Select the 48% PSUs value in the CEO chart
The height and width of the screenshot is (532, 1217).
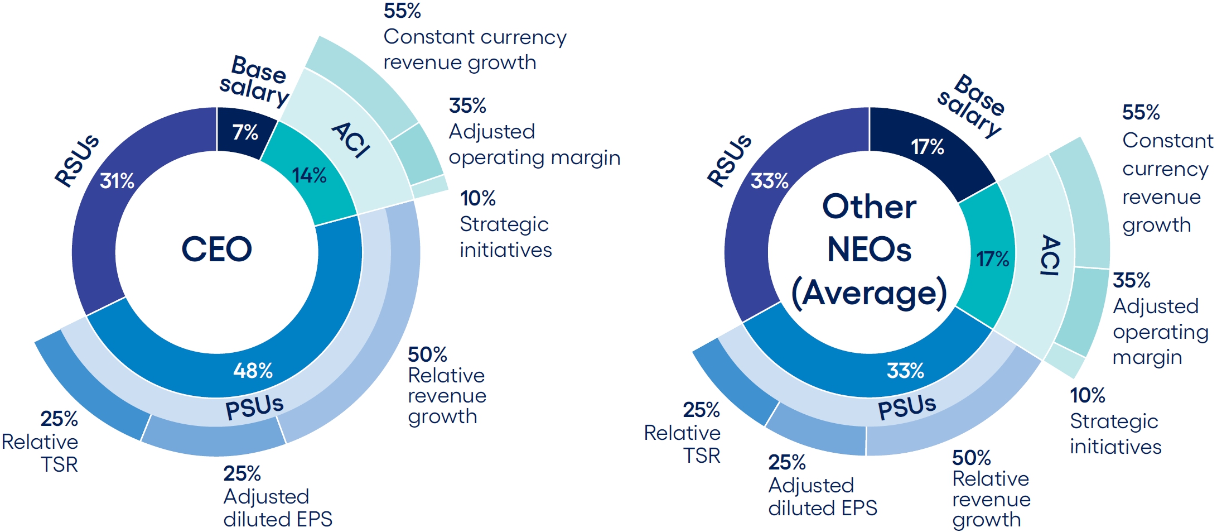pyautogui.click(x=253, y=370)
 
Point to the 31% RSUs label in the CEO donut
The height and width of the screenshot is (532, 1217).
pyautogui.click(x=117, y=181)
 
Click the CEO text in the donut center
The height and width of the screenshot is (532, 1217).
pyautogui.click(x=216, y=249)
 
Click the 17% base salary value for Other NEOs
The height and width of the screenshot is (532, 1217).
pyautogui.click(x=928, y=147)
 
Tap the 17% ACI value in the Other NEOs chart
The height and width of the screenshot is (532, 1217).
pyautogui.click(x=993, y=259)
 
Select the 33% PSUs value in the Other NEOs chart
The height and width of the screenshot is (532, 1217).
pyautogui.click(x=906, y=370)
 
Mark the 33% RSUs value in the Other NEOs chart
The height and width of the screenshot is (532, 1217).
pyautogui.click(x=770, y=181)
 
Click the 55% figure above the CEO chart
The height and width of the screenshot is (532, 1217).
pyautogui.click(x=402, y=11)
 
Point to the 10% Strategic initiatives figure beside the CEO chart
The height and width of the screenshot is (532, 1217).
pyautogui.click(x=478, y=198)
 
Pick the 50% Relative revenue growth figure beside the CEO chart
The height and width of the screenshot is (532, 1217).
pyautogui.click(x=427, y=354)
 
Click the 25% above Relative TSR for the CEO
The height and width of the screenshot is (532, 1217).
pyautogui.click(x=59, y=419)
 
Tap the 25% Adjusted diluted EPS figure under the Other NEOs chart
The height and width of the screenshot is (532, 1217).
pyautogui.click(x=787, y=462)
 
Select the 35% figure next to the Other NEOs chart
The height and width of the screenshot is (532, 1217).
pyautogui.click(x=1132, y=280)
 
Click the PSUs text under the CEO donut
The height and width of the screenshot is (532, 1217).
pyautogui.click(x=254, y=407)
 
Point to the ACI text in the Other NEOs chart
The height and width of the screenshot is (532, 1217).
pyautogui.click(x=1050, y=255)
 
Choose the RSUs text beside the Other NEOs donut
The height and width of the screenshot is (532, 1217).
pyautogui.click(x=730, y=160)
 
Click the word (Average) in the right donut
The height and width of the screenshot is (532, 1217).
pyautogui.click(x=869, y=293)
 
